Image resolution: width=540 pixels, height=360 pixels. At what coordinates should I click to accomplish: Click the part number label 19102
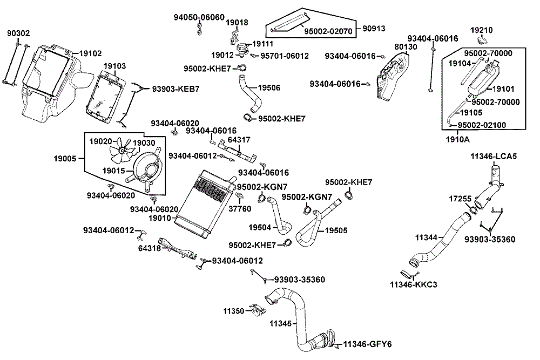(x=91, y=53)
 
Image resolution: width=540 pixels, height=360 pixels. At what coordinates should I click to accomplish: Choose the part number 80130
(x=406, y=47)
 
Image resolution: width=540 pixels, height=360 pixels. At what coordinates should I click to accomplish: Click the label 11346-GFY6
(x=368, y=344)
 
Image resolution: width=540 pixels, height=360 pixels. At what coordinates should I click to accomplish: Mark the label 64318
(x=150, y=249)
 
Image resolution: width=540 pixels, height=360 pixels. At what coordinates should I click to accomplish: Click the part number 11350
(x=234, y=311)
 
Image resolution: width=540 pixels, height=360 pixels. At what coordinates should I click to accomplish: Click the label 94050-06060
(x=199, y=17)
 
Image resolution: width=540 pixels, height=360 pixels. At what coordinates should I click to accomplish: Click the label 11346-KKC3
(x=414, y=284)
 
